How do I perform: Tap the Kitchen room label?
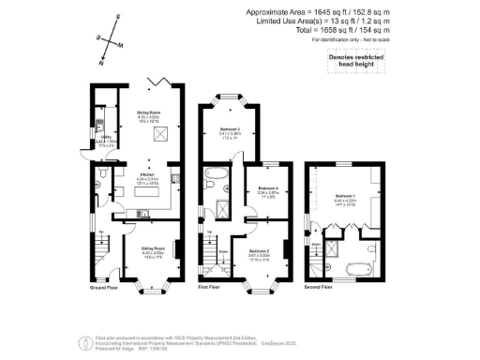146,174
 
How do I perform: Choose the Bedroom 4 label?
267,189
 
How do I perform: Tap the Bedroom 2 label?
260,251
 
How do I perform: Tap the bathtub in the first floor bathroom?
215,175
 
